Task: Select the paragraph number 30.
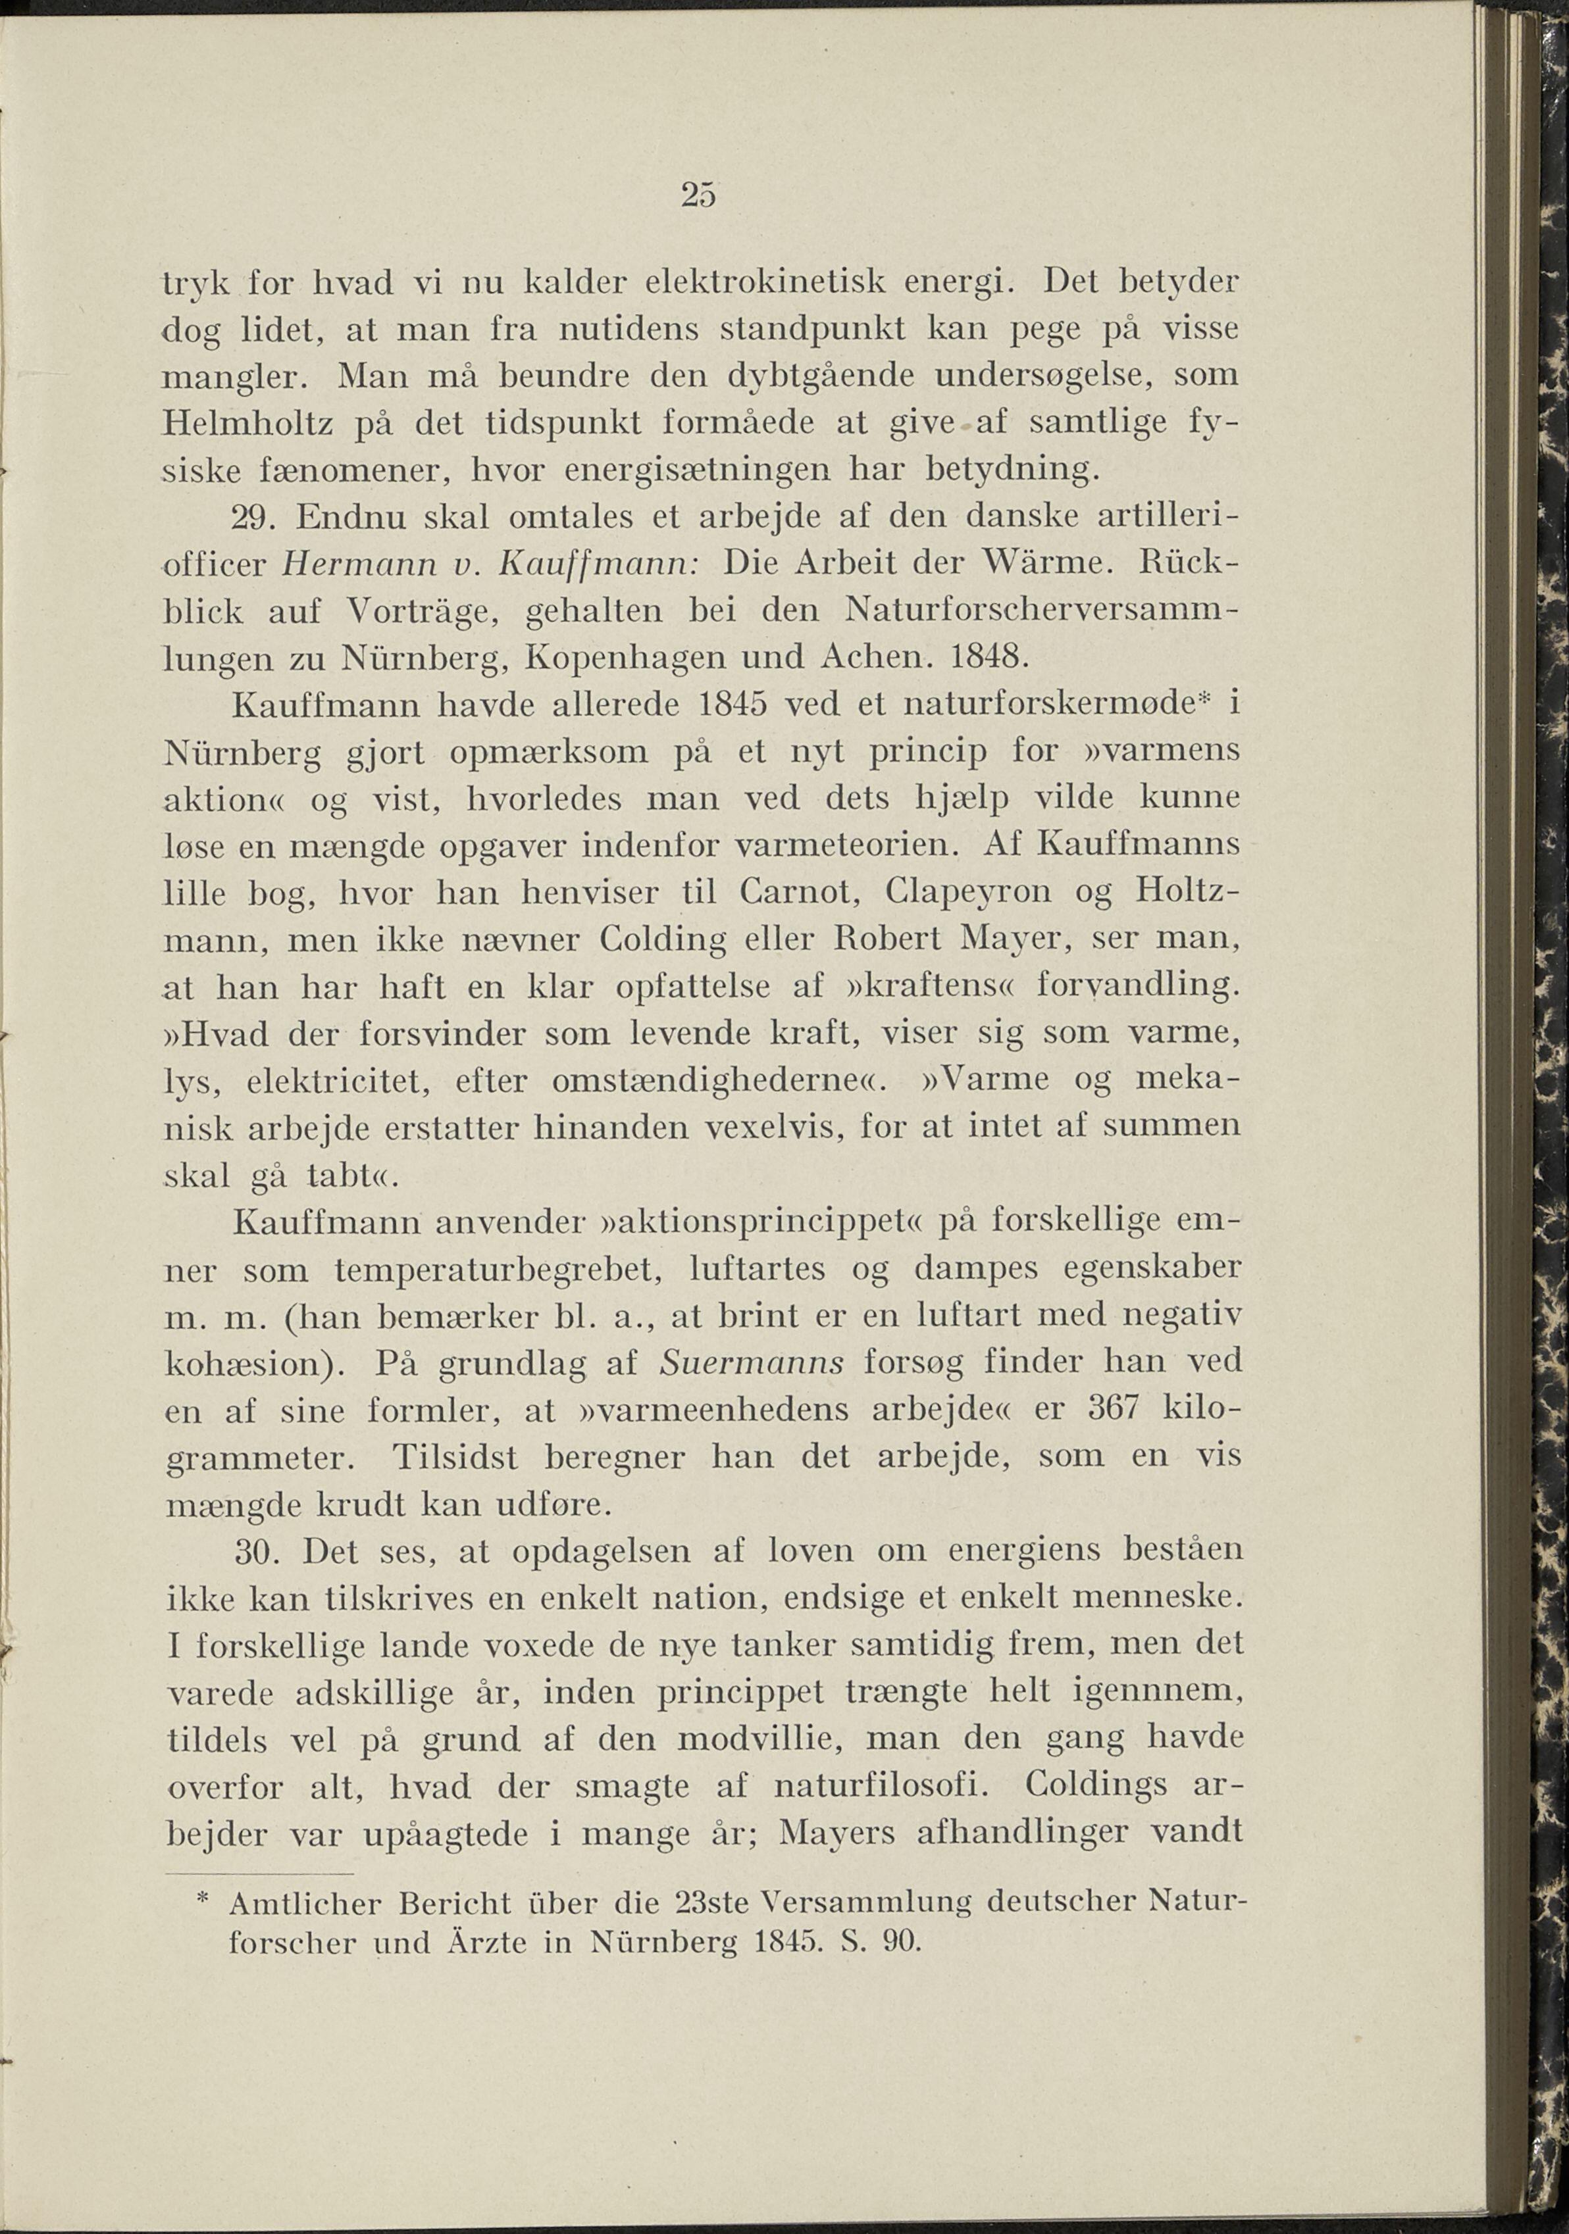point(259,1552)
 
